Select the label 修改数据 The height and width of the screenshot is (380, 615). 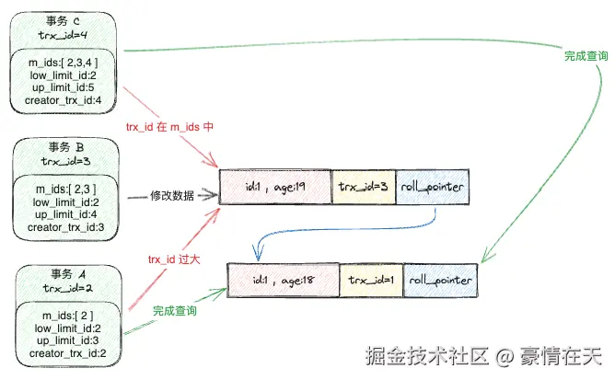click(173, 196)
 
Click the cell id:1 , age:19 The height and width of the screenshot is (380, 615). click(275, 187)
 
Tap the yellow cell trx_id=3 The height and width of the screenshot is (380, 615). click(362, 187)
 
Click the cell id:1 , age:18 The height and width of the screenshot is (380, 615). click(283, 279)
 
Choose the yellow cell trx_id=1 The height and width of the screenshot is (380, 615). click(371, 279)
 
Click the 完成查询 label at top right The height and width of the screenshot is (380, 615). click(586, 56)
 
